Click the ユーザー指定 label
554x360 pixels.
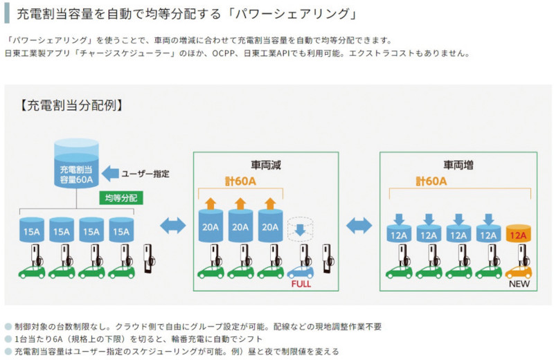click(x=145, y=174)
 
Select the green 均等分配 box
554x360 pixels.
click(x=121, y=198)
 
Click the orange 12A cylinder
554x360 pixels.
click(x=519, y=234)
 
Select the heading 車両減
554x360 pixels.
click(x=266, y=166)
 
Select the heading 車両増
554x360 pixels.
click(x=458, y=166)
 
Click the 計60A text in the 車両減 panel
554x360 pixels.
click(x=240, y=181)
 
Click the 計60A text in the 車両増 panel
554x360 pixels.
click(x=431, y=181)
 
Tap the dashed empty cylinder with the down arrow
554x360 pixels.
click(x=300, y=231)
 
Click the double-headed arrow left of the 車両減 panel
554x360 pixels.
click(x=172, y=224)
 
